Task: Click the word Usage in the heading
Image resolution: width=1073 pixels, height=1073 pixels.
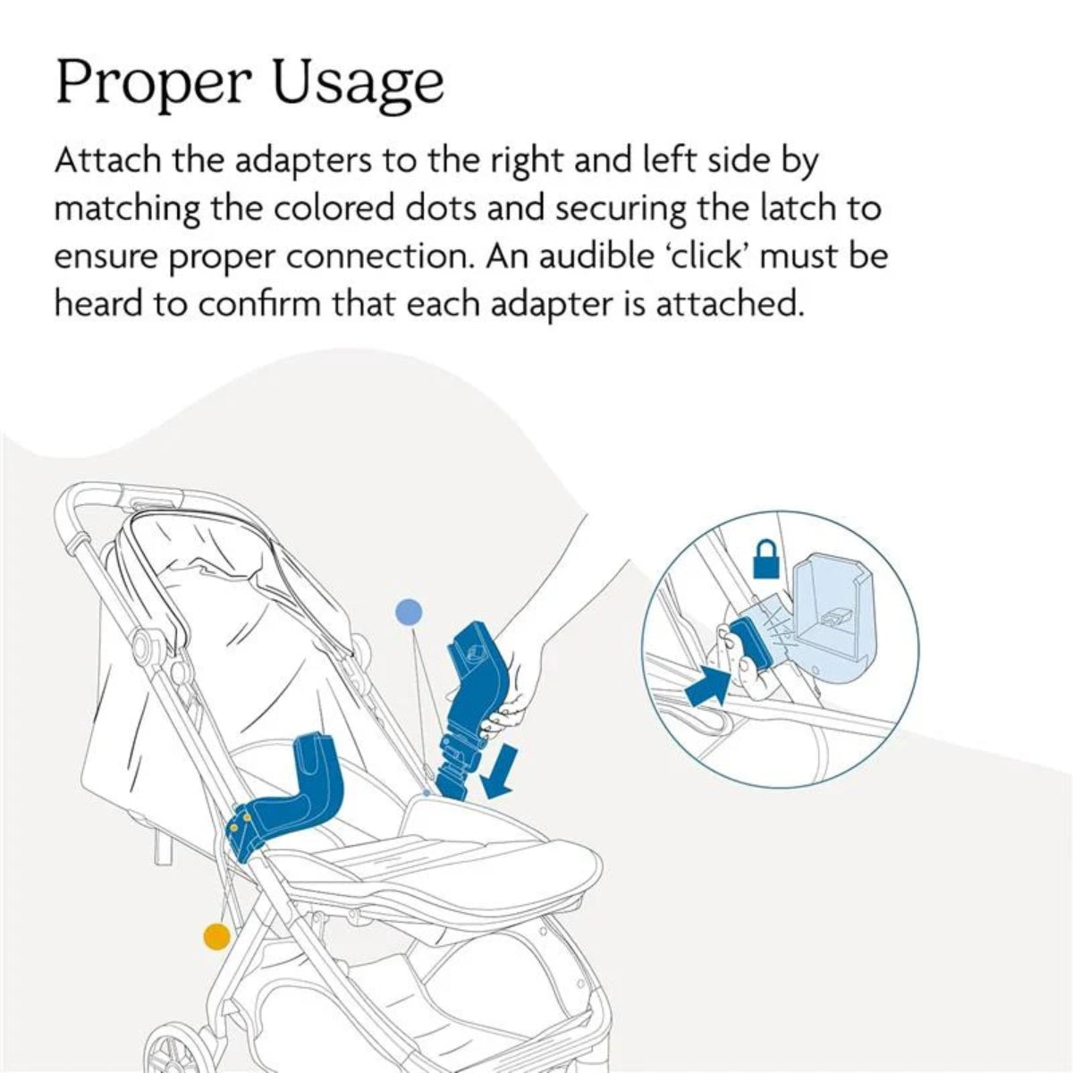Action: pyautogui.click(x=358, y=84)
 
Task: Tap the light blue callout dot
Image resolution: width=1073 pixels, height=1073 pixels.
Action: pyautogui.click(x=410, y=613)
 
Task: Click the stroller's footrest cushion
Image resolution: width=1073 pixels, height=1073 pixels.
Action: pyautogui.click(x=501, y=841)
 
